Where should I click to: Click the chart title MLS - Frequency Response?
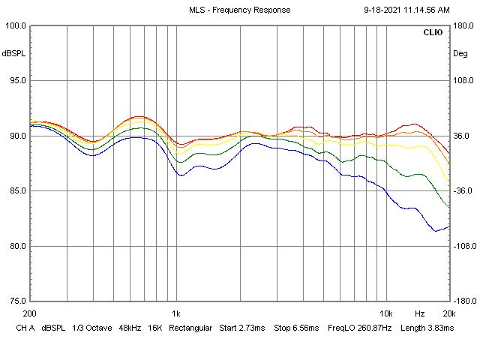(239, 10)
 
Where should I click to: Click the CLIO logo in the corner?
(433, 34)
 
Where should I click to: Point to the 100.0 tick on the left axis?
(15, 25)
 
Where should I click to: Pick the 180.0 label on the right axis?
(463, 25)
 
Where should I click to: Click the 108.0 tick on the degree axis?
(463, 81)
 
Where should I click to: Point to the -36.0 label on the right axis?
(463, 191)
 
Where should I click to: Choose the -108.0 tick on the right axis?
(462, 246)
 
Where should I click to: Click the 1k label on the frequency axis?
(176, 313)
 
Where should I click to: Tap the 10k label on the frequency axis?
(385, 313)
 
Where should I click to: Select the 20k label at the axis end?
(448, 313)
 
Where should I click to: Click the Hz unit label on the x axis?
(419, 313)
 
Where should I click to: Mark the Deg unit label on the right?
(460, 53)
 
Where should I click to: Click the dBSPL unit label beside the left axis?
(13, 53)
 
